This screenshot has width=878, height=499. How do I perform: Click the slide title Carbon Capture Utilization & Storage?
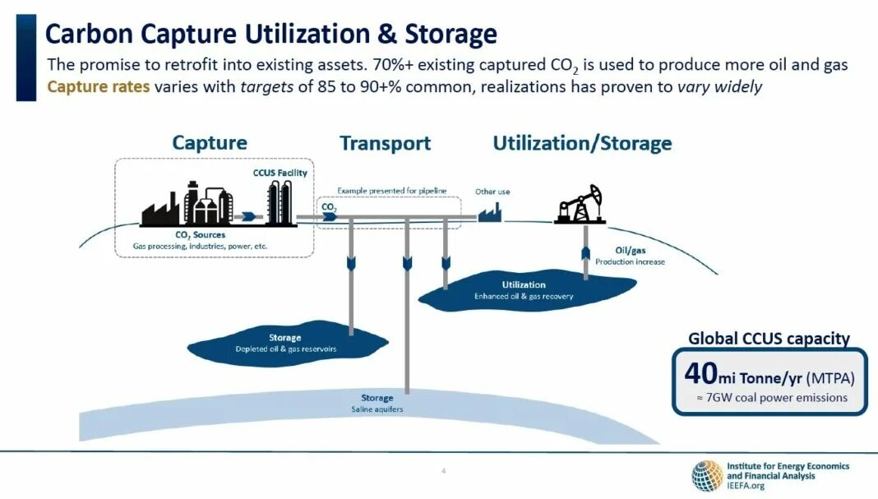[270, 35]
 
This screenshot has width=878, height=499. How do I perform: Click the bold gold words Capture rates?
[99, 86]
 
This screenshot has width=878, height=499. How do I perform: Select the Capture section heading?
[210, 143]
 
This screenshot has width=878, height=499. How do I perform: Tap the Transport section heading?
[385, 143]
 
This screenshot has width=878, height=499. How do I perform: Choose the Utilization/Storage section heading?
[582, 143]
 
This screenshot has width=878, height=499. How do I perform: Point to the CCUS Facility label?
[280, 173]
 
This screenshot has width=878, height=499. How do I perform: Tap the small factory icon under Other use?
[491, 213]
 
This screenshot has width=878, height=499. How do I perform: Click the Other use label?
[492, 192]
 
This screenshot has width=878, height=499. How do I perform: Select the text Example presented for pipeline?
[391, 191]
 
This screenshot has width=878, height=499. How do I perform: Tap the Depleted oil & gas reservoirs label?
[285, 349]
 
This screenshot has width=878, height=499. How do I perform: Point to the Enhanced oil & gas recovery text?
[524, 296]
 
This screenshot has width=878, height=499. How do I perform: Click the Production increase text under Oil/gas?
[630, 261]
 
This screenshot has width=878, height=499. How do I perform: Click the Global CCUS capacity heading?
[769, 338]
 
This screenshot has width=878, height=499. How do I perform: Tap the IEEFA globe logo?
[706, 476]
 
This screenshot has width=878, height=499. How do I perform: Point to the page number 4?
[443, 471]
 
